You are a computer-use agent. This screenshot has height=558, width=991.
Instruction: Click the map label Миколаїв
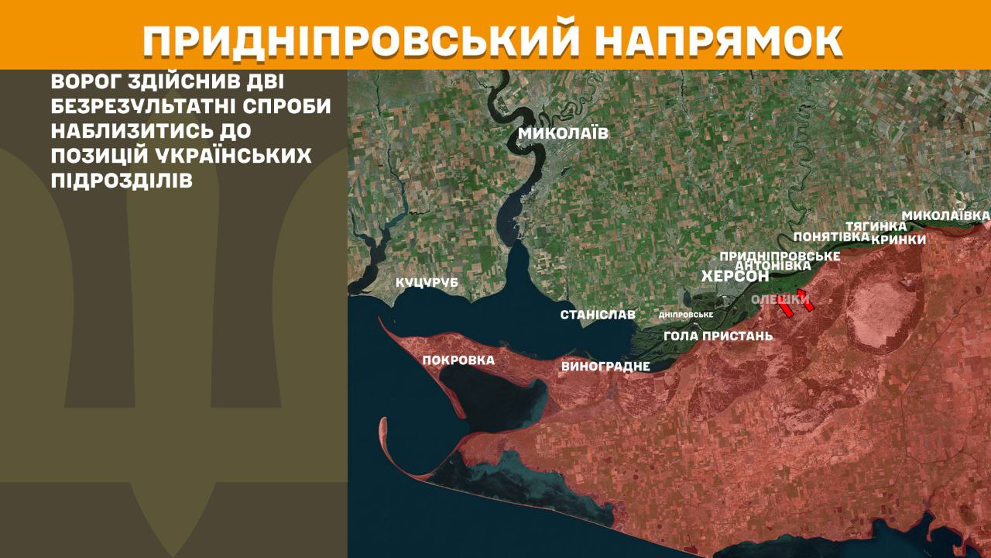(x=563, y=133)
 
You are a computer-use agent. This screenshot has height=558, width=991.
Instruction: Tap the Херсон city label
(x=735, y=277)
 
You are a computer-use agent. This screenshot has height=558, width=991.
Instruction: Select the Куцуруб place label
(x=427, y=283)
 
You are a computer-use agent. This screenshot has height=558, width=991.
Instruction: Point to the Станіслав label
(x=598, y=315)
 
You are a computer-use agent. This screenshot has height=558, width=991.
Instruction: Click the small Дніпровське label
(x=685, y=315)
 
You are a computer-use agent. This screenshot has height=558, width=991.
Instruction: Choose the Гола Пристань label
(x=718, y=336)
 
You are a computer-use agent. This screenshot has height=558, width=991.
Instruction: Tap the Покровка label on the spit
(x=458, y=360)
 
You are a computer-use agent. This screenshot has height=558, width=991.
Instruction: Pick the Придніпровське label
(x=780, y=256)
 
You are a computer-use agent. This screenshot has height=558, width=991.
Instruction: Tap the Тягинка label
(x=876, y=226)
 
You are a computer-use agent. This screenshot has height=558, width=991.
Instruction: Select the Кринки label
(x=898, y=239)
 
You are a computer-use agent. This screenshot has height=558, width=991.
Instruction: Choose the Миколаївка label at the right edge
(x=946, y=215)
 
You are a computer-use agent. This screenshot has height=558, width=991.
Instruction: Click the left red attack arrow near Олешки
(x=785, y=309)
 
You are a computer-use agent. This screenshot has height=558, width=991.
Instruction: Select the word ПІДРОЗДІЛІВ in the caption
(x=122, y=179)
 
